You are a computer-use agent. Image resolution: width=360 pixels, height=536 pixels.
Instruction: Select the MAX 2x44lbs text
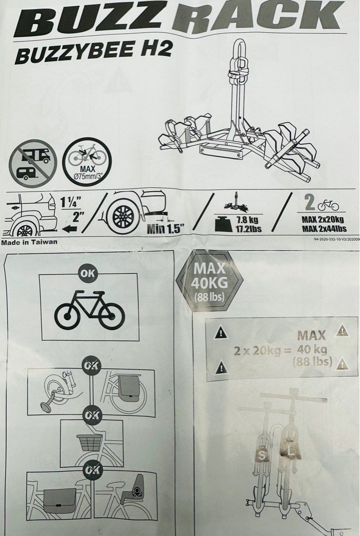pyautogui.click(x=323, y=229)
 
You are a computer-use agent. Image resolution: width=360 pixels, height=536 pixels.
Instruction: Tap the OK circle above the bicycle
pyautogui.click(x=89, y=273)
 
